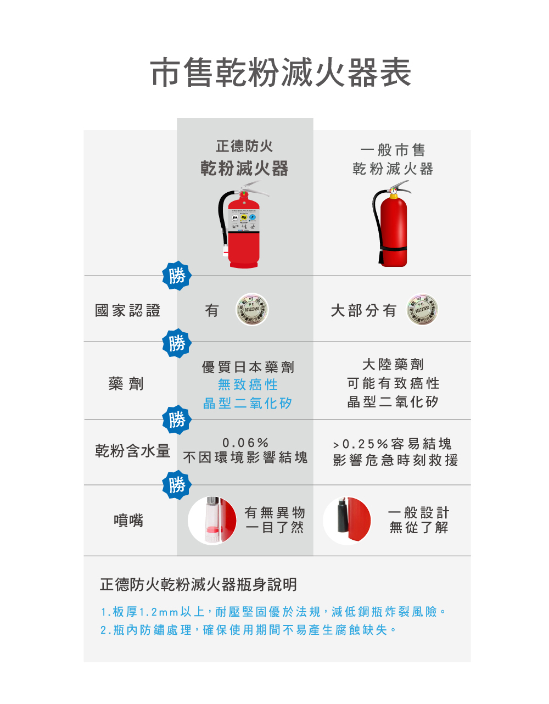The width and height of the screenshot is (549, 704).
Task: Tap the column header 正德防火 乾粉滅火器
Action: (244, 158)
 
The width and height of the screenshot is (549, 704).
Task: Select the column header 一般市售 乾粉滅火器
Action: (393, 159)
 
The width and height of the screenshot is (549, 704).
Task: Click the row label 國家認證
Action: (127, 311)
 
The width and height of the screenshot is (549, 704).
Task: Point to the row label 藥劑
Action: (126, 384)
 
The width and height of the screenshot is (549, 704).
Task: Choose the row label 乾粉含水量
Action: (132, 451)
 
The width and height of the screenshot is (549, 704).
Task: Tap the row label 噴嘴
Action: (128, 520)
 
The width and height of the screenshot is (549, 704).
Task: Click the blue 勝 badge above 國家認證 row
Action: (177, 275)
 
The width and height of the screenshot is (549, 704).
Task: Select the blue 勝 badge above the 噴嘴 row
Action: (177, 485)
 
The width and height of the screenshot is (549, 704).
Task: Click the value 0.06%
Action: (245, 443)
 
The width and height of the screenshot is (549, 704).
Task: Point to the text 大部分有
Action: (363, 311)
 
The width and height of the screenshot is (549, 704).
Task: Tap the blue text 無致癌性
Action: (248, 384)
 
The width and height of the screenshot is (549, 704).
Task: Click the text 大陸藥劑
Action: (393, 365)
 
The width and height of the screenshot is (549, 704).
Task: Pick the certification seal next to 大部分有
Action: (422, 310)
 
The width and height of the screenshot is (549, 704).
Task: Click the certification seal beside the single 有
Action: (252, 310)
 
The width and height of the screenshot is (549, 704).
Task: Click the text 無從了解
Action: (419, 528)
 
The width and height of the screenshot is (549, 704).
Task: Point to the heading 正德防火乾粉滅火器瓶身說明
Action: (198, 584)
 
